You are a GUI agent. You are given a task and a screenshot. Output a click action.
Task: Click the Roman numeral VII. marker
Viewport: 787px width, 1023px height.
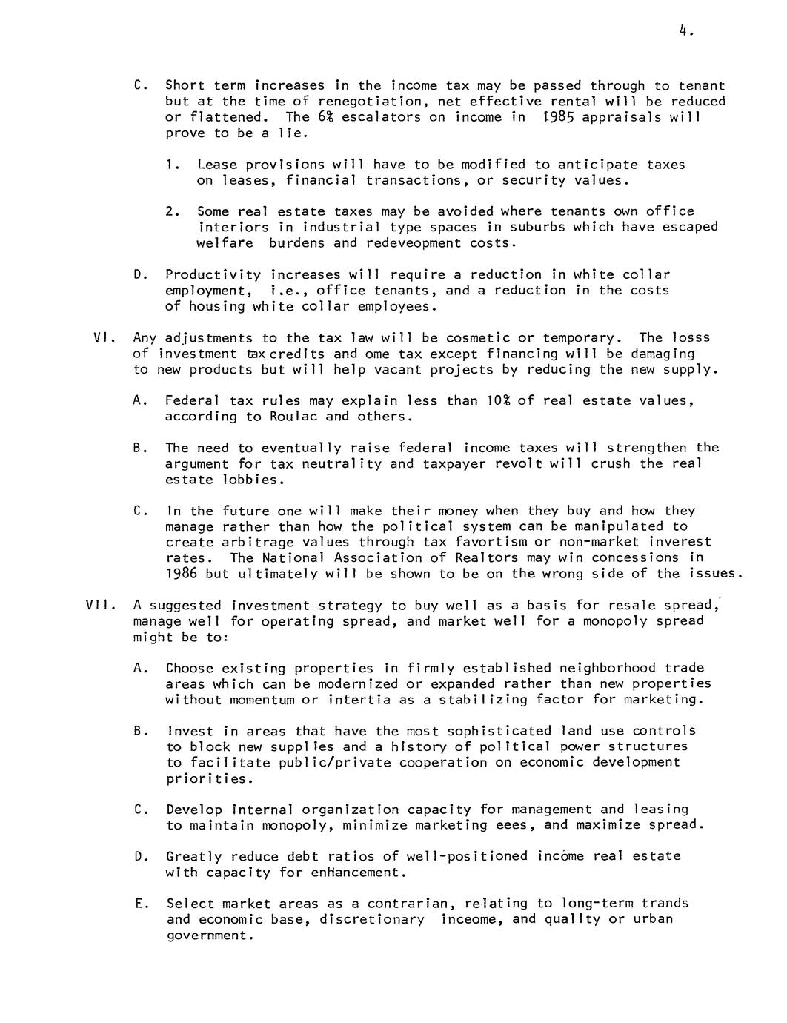98,605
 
